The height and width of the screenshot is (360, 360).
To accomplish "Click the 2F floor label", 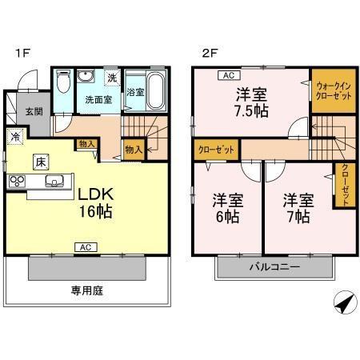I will [209, 54].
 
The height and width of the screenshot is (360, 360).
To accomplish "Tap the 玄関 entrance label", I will [32, 112].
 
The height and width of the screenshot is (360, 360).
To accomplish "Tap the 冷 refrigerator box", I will [15, 136].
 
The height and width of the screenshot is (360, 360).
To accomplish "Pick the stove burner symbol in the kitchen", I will [17, 181].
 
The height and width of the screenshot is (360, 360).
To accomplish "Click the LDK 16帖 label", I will [94, 203].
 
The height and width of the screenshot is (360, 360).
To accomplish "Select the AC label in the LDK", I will [82, 247].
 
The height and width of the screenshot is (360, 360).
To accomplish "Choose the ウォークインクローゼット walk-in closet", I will [331, 90].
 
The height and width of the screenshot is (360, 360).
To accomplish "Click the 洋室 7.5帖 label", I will [250, 102].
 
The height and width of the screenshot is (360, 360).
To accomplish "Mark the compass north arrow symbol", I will [342, 306].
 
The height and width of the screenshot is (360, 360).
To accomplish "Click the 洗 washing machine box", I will [112, 77].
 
